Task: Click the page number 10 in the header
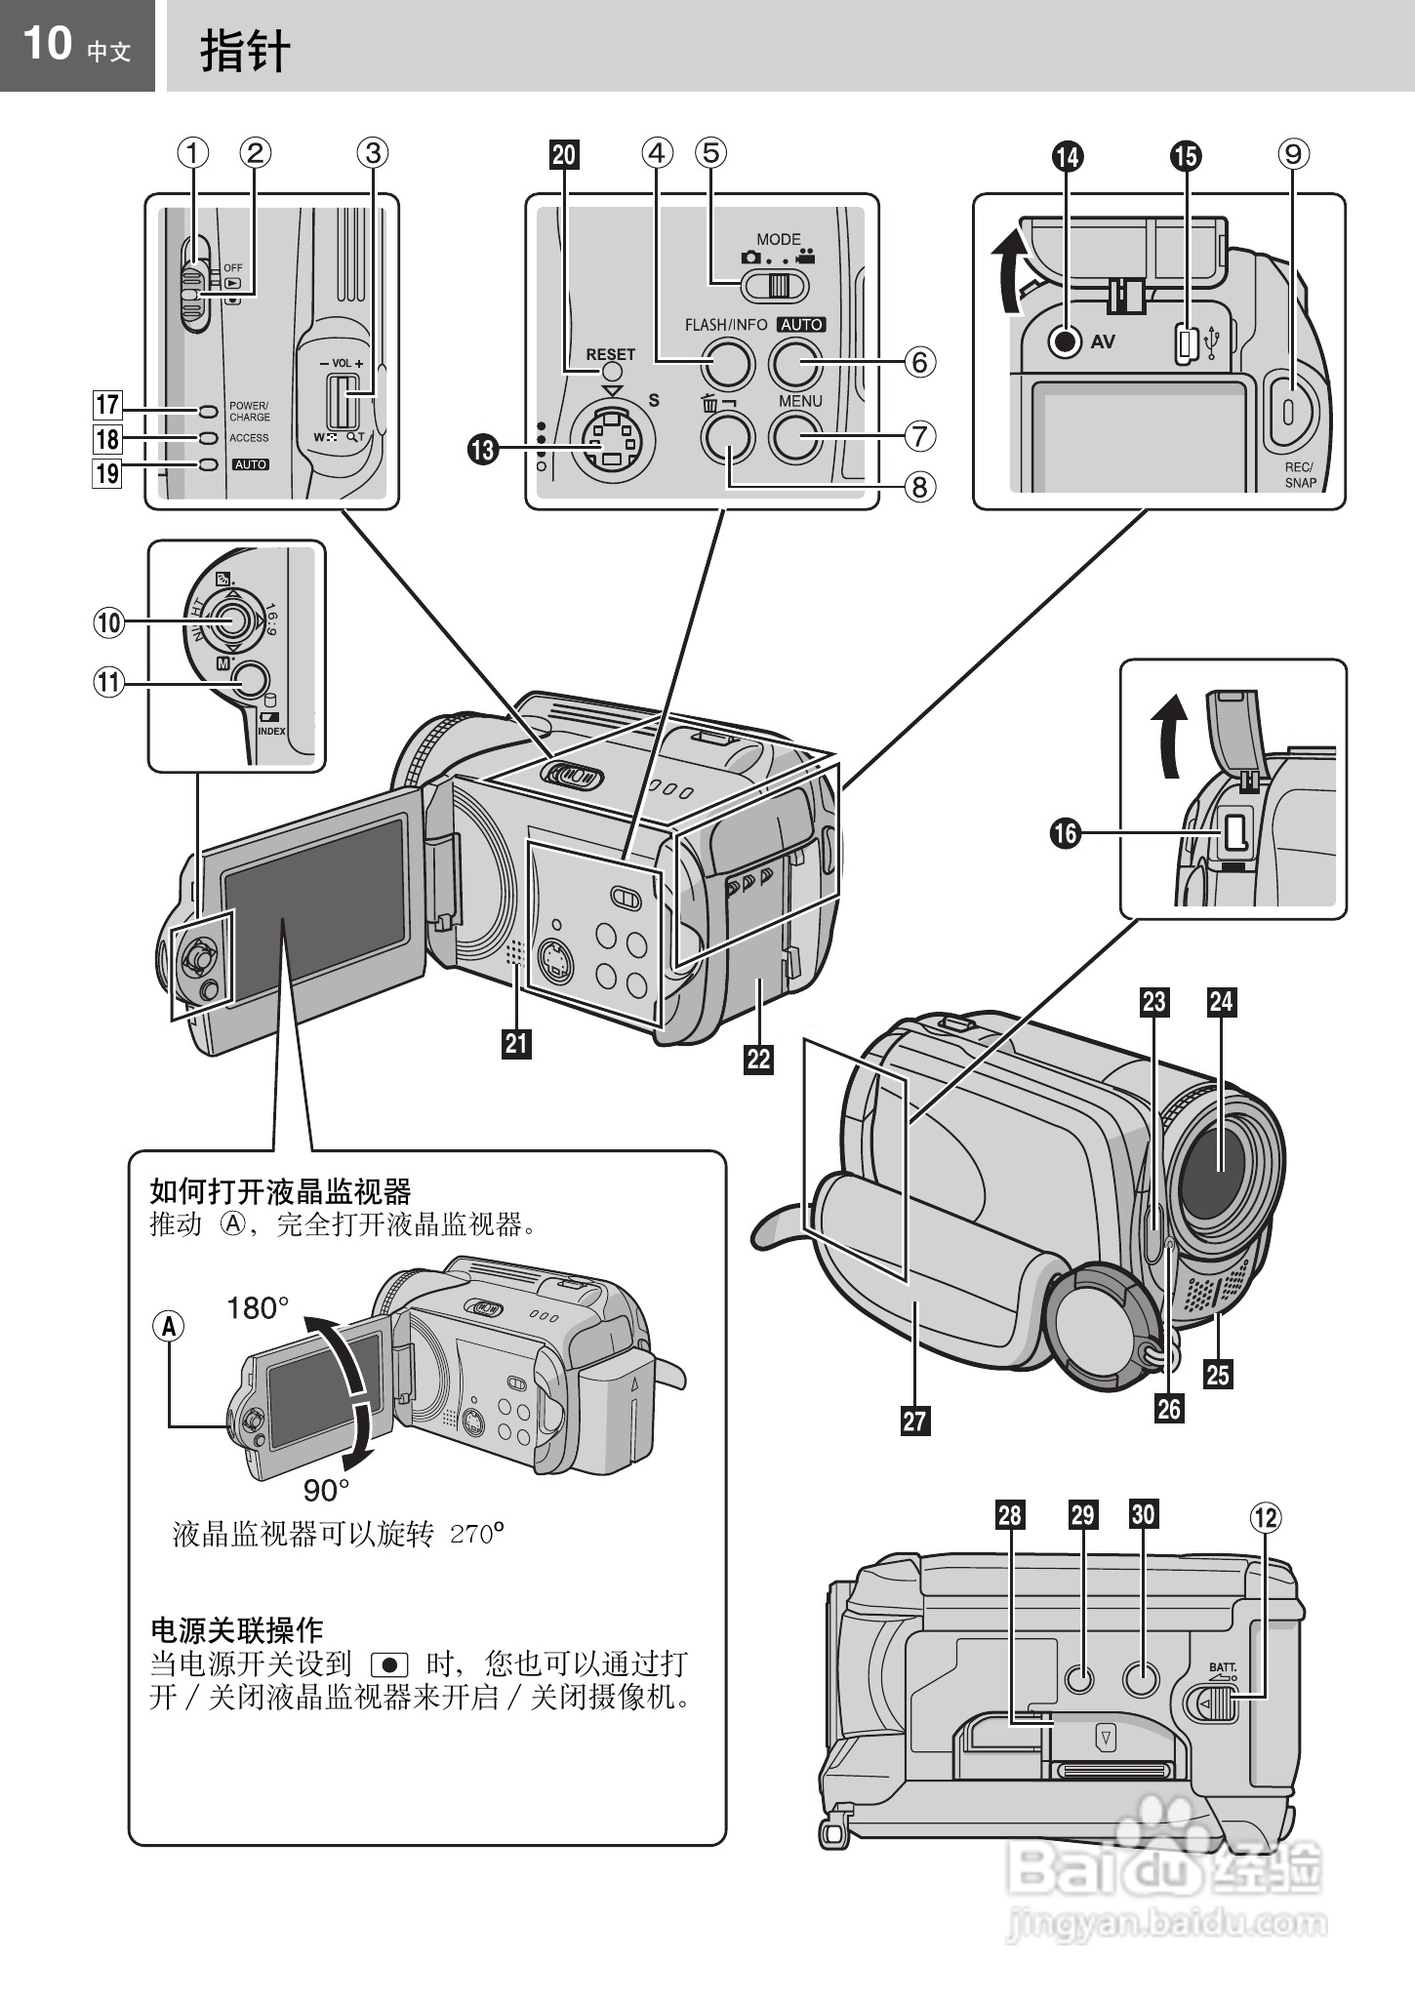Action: tap(47, 44)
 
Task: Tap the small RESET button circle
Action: tap(611, 373)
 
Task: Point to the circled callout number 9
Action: tap(1293, 153)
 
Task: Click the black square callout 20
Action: tap(564, 154)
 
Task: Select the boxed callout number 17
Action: tap(106, 404)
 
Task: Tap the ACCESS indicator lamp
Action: tap(206, 438)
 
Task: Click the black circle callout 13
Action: tap(483, 450)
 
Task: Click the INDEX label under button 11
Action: tap(271, 731)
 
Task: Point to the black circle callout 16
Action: tap(1066, 832)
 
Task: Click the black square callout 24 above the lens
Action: tap(1221, 1001)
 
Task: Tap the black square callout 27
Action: tap(914, 1420)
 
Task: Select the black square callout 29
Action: tap(1082, 1515)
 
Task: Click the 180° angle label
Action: tap(258, 1308)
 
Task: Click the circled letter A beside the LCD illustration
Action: tap(168, 1326)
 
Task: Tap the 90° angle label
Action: tap(326, 1490)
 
